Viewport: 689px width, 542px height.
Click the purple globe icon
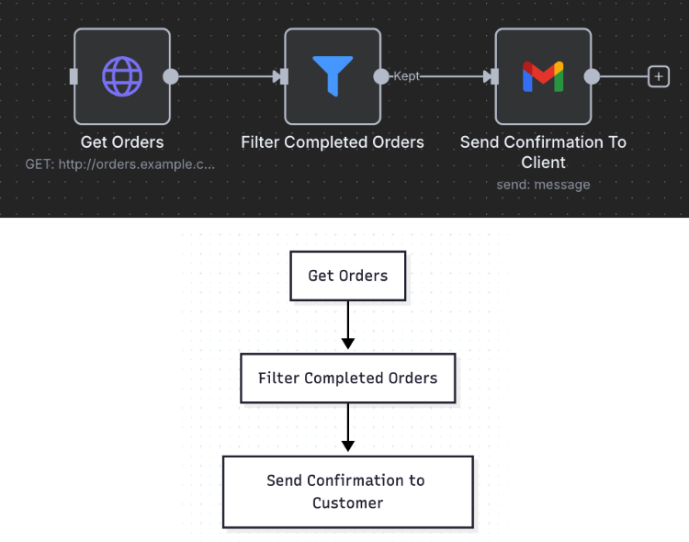(x=122, y=76)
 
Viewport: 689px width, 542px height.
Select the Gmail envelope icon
(x=543, y=76)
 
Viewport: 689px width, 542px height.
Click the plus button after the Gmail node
(x=659, y=76)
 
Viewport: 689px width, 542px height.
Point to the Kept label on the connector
(x=406, y=76)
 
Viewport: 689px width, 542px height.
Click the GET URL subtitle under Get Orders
(x=121, y=164)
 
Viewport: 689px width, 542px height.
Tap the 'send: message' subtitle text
(x=543, y=184)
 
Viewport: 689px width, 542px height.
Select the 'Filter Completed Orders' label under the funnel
(x=333, y=142)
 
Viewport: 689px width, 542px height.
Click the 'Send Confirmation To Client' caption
(x=543, y=152)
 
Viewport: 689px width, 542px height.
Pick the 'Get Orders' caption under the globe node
(x=122, y=142)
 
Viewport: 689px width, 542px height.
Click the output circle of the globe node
(x=171, y=76)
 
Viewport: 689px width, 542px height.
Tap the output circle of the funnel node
(x=381, y=76)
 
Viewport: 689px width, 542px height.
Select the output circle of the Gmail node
(x=592, y=76)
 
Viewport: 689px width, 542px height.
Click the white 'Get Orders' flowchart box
(x=347, y=276)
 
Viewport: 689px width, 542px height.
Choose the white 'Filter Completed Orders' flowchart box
(x=347, y=378)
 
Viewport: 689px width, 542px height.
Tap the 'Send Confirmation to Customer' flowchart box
(x=347, y=491)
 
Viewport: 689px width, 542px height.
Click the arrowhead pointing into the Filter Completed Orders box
(x=347, y=344)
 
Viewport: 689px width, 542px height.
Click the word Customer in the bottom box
(x=347, y=503)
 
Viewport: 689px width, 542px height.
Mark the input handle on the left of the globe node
(x=73, y=76)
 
